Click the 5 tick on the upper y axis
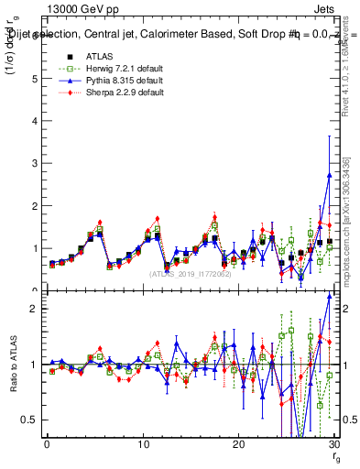tap(35, 79)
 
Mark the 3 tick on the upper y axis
tap(35, 163)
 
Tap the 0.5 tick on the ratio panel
tap(31, 420)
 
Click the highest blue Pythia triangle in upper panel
tap(329, 175)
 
